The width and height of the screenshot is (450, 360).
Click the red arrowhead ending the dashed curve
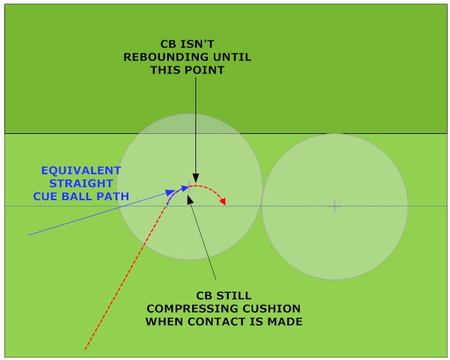coord(223,202)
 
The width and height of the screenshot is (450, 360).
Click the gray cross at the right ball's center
coord(334,207)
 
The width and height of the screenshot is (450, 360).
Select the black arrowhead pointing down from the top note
coord(195,179)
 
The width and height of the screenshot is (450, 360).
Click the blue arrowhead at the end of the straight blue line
coord(170,192)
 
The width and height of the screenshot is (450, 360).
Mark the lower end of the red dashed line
coord(85,350)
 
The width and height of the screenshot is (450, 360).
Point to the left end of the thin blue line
coord(29,235)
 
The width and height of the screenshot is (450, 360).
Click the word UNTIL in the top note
coord(232,57)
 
